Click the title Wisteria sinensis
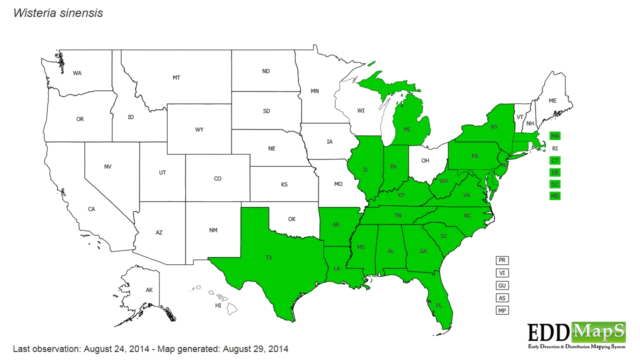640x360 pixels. (x=58, y=13)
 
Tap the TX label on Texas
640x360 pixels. (x=269, y=258)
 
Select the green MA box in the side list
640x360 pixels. (x=555, y=136)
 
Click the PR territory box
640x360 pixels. (x=502, y=260)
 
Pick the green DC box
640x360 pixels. (x=555, y=184)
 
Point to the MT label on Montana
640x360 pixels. (x=176, y=77)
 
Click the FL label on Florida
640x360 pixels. (x=439, y=305)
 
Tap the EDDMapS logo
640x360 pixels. (x=576, y=334)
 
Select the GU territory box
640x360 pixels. (x=502, y=285)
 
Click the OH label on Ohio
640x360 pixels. (x=425, y=160)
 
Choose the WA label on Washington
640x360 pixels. (x=77, y=73)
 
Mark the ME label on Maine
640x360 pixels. (x=552, y=101)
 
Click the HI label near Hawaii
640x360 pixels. (x=218, y=305)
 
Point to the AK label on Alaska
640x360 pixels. (x=149, y=290)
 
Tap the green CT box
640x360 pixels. (x=555, y=160)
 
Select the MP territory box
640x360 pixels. (x=502, y=310)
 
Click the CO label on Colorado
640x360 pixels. (x=217, y=178)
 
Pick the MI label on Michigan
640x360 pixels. (x=407, y=129)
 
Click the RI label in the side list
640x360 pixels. (x=555, y=148)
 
